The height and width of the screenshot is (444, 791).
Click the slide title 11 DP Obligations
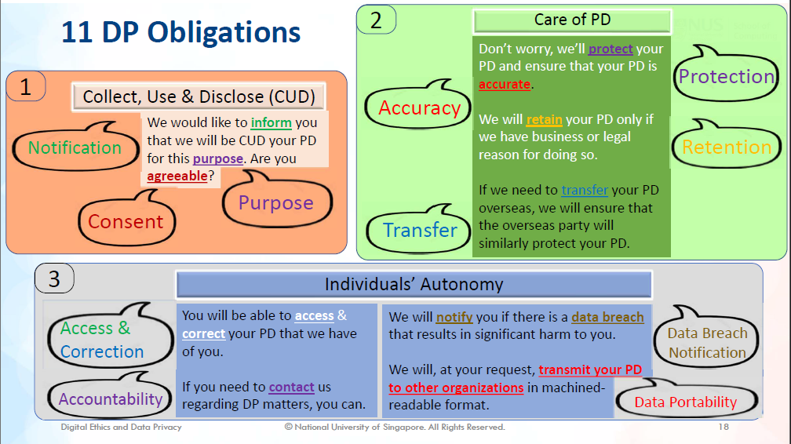[x=180, y=32]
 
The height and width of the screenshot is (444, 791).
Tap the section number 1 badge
[x=26, y=86]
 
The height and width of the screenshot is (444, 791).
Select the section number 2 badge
[x=376, y=20]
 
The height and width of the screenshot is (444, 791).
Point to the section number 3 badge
[x=54, y=278]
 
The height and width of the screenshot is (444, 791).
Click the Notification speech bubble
[x=75, y=147]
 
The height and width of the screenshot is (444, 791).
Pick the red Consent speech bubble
[x=126, y=222]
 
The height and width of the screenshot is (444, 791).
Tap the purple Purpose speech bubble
[x=275, y=203]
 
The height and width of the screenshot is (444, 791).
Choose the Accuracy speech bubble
[x=419, y=108]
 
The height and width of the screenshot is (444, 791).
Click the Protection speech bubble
[x=726, y=77]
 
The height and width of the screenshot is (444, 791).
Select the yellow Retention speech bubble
[x=727, y=147]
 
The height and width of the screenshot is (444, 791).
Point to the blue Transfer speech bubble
[x=420, y=230]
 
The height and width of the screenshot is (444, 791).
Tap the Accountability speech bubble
[x=110, y=399]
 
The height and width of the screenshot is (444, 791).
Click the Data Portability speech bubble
[x=685, y=402]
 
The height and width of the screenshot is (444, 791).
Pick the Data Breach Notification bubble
[x=707, y=343]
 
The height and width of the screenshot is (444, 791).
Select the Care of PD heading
[x=572, y=20]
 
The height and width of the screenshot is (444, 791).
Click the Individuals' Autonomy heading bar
[x=414, y=284]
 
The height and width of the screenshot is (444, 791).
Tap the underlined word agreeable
[x=177, y=177]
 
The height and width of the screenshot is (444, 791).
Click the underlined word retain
[x=544, y=119]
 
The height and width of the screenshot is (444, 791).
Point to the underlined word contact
[x=291, y=387]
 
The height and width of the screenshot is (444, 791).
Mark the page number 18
[x=723, y=428]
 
